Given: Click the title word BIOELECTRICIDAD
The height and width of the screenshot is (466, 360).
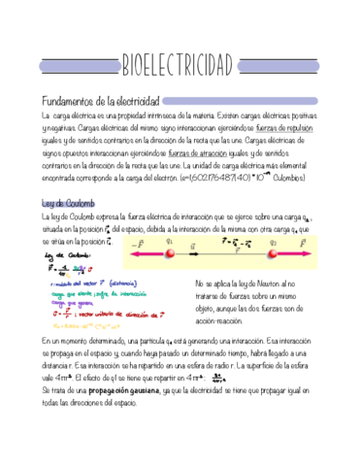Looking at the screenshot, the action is pyautogui.click(x=179, y=66).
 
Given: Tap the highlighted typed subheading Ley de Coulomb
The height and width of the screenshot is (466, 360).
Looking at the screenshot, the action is pyautogui.click(x=66, y=202).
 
